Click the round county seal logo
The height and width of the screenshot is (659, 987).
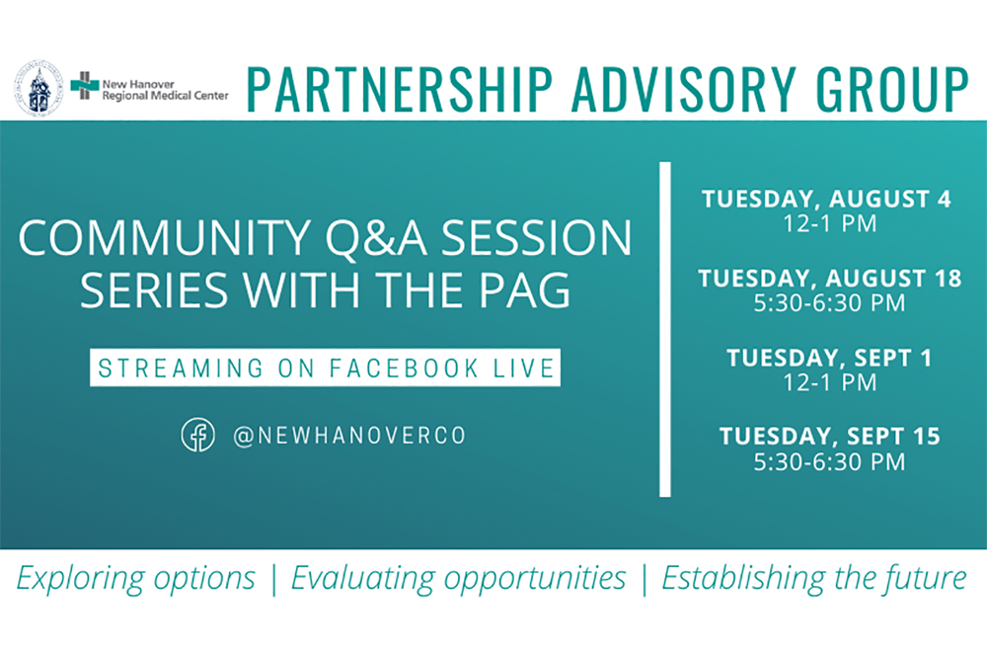click(x=39, y=88)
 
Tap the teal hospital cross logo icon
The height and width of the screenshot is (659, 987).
click(x=84, y=86)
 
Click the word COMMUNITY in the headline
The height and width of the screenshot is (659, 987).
click(x=164, y=238)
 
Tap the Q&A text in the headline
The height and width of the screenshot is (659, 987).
click(x=376, y=239)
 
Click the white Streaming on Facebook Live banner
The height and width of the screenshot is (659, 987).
click(x=325, y=368)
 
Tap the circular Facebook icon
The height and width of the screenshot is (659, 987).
click(x=197, y=435)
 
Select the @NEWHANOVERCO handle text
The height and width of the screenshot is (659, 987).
click(x=349, y=436)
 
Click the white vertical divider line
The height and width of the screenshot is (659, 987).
click(x=664, y=330)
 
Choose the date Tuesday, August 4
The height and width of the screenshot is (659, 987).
click(x=826, y=200)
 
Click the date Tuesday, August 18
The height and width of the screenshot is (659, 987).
click(x=830, y=279)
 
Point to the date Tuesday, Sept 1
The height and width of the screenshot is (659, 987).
click(x=829, y=358)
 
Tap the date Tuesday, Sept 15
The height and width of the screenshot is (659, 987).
click(x=830, y=436)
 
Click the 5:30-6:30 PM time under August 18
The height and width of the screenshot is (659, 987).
click(x=830, y=303)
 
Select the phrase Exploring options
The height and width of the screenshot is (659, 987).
click(x=136, y=578)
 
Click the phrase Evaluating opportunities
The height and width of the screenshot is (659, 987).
click(x=458, y=578)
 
